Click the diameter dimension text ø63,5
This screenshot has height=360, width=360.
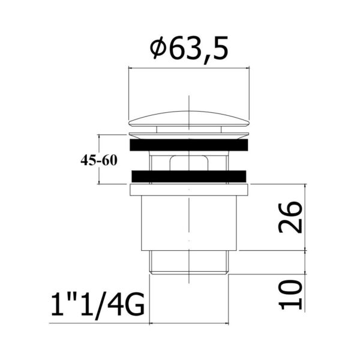[x=189, y=49]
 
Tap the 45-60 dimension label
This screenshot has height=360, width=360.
[x=99, y=160]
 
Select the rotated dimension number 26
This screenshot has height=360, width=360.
[x=290, y=217]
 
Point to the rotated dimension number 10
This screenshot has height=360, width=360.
[x=290, y=295]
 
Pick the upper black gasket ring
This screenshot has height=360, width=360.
[x=189, y=145]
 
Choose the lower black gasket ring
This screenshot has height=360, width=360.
[x=189, y=176]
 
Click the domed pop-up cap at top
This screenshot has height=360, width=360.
[x=189, y=119]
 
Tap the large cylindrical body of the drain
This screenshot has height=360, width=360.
[x=189, y=223]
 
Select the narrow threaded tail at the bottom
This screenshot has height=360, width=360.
[x=189, y=262]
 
